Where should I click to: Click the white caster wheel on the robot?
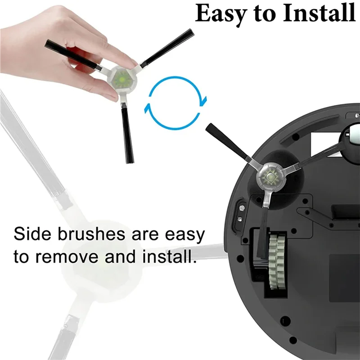[352, 137]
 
